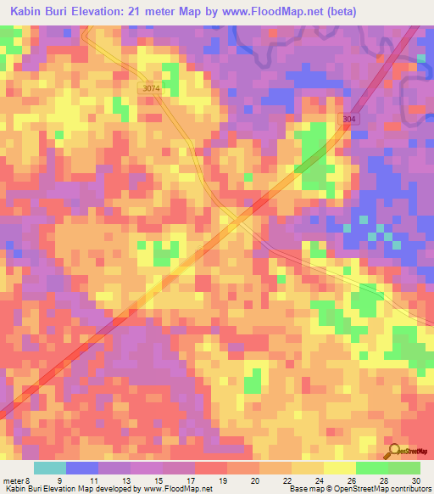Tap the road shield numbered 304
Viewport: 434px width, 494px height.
click(350, 120)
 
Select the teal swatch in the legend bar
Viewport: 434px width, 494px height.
click(50, 469)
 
